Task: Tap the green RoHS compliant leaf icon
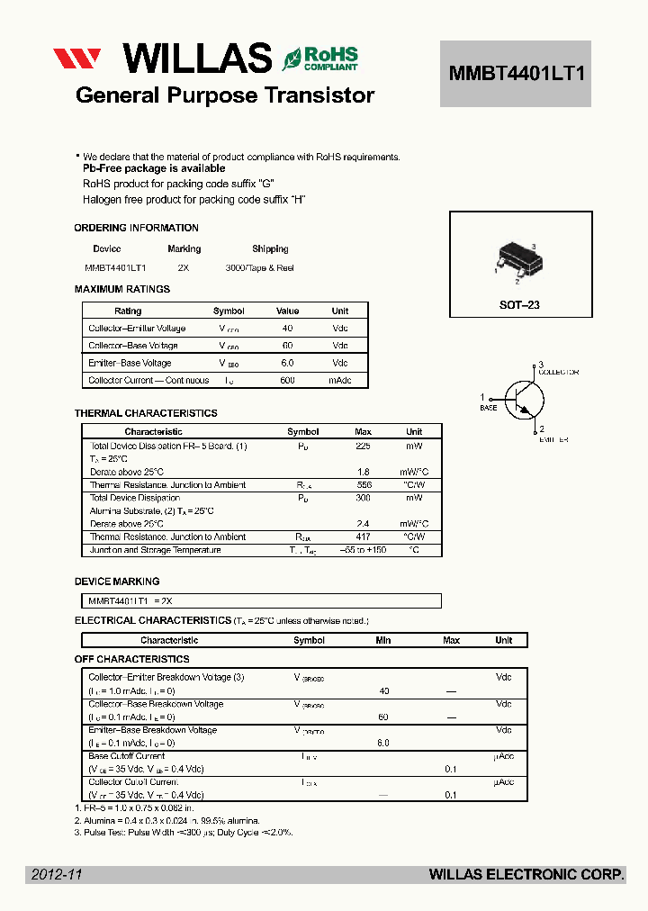tap(292, 59)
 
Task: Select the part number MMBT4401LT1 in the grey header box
tap(516, 74)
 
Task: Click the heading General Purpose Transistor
tap(225, 95)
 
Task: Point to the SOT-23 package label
tap(519, 305)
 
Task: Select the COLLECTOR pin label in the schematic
tap(558, 372)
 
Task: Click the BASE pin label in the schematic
tap(488, 408)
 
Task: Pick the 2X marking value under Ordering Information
tap(184, 268)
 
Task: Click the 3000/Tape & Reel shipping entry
tap(259, 268)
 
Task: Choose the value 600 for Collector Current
tap(287, 381)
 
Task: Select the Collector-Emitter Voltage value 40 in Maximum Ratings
tap(287, 329)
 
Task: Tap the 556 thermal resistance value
tap(364, 485)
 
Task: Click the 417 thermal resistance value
tap(364, 537)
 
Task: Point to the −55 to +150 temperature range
tap(363, 550)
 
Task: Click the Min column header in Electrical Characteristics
tap(383, 640)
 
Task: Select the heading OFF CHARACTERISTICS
tap(131, 660)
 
